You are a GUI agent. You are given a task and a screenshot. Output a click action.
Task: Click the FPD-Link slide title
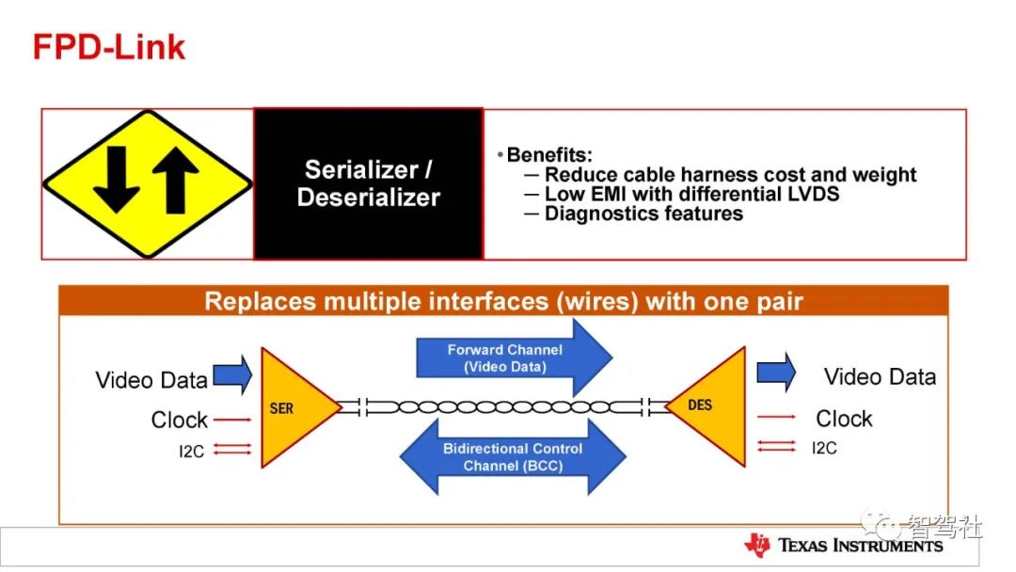point(109,47)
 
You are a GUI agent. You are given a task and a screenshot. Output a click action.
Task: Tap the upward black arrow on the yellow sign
point(175,180)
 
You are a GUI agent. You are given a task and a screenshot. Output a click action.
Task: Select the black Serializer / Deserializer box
point(368,183)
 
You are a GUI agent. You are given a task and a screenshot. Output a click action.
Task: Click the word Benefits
point(548,155)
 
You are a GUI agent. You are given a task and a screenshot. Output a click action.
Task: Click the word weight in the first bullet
point(883,174)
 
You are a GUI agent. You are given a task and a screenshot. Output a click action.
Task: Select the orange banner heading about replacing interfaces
point(503,301)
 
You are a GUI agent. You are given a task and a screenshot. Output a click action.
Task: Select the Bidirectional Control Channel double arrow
point(513,456)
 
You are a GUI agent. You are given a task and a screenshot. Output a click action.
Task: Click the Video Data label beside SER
point(151,379)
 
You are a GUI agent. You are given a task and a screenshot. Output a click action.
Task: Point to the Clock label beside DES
point(844,419)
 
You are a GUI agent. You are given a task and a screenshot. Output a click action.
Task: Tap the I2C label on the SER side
point(191,451)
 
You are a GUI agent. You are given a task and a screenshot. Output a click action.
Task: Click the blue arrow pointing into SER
point(232,374)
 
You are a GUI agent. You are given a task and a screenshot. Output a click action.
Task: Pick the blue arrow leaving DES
point(776,372)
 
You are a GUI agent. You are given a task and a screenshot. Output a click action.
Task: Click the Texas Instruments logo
point(843,546)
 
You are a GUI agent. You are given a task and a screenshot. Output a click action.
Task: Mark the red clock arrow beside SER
point(232,420)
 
